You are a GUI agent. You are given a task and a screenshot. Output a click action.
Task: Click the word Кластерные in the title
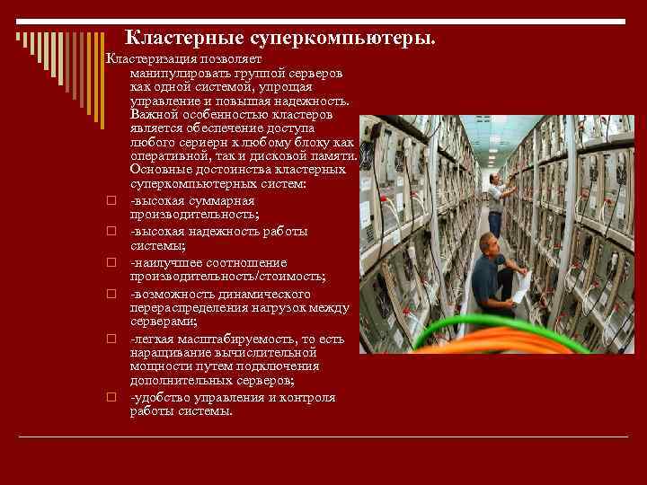(171, 38)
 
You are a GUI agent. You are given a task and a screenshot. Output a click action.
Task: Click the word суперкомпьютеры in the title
(327, 38)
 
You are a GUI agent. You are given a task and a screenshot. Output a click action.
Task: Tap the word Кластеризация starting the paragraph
(148, 58)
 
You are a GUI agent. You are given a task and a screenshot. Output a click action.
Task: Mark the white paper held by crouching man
(520, 286)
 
